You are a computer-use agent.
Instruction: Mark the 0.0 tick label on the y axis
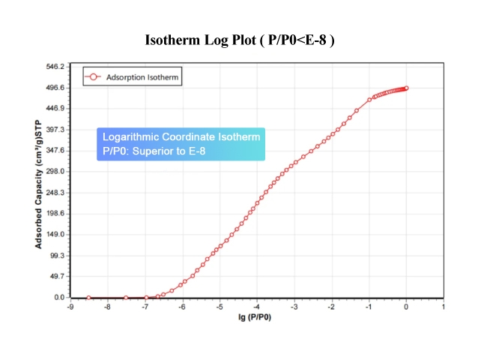[58, 298]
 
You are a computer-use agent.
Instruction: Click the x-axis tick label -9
[70, 307]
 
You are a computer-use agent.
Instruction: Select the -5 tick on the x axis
[220, 307]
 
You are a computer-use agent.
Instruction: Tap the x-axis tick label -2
[331, 307]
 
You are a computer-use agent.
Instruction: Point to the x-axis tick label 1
[444, 307]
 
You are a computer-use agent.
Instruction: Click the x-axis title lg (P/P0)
[255, 318]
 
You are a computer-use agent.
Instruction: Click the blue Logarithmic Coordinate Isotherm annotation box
[181, 144]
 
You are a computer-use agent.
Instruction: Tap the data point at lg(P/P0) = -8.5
[88, 298]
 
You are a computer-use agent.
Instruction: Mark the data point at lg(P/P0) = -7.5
[126, 298]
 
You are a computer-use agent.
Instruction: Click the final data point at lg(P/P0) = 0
[406, 88]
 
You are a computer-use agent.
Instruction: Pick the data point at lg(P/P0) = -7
[145, 298]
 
